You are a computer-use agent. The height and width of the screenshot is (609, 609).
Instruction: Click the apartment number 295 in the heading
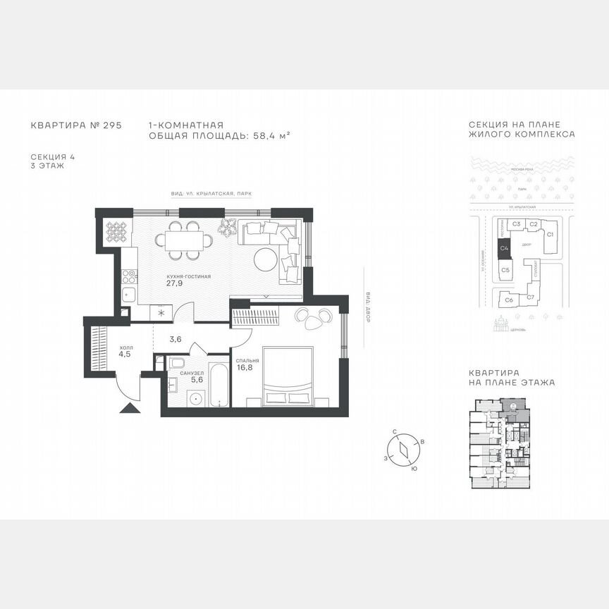coord(112,125)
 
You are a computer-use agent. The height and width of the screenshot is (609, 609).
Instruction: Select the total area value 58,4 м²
coord(272,135)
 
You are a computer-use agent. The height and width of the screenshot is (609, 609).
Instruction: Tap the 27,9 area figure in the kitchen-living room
coord(174,284)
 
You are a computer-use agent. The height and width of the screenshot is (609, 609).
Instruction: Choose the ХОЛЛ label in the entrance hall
coord(125,347)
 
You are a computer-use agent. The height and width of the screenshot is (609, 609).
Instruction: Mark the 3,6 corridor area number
coord(176,339)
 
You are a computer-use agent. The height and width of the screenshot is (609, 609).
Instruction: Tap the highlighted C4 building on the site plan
coord(505,248)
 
